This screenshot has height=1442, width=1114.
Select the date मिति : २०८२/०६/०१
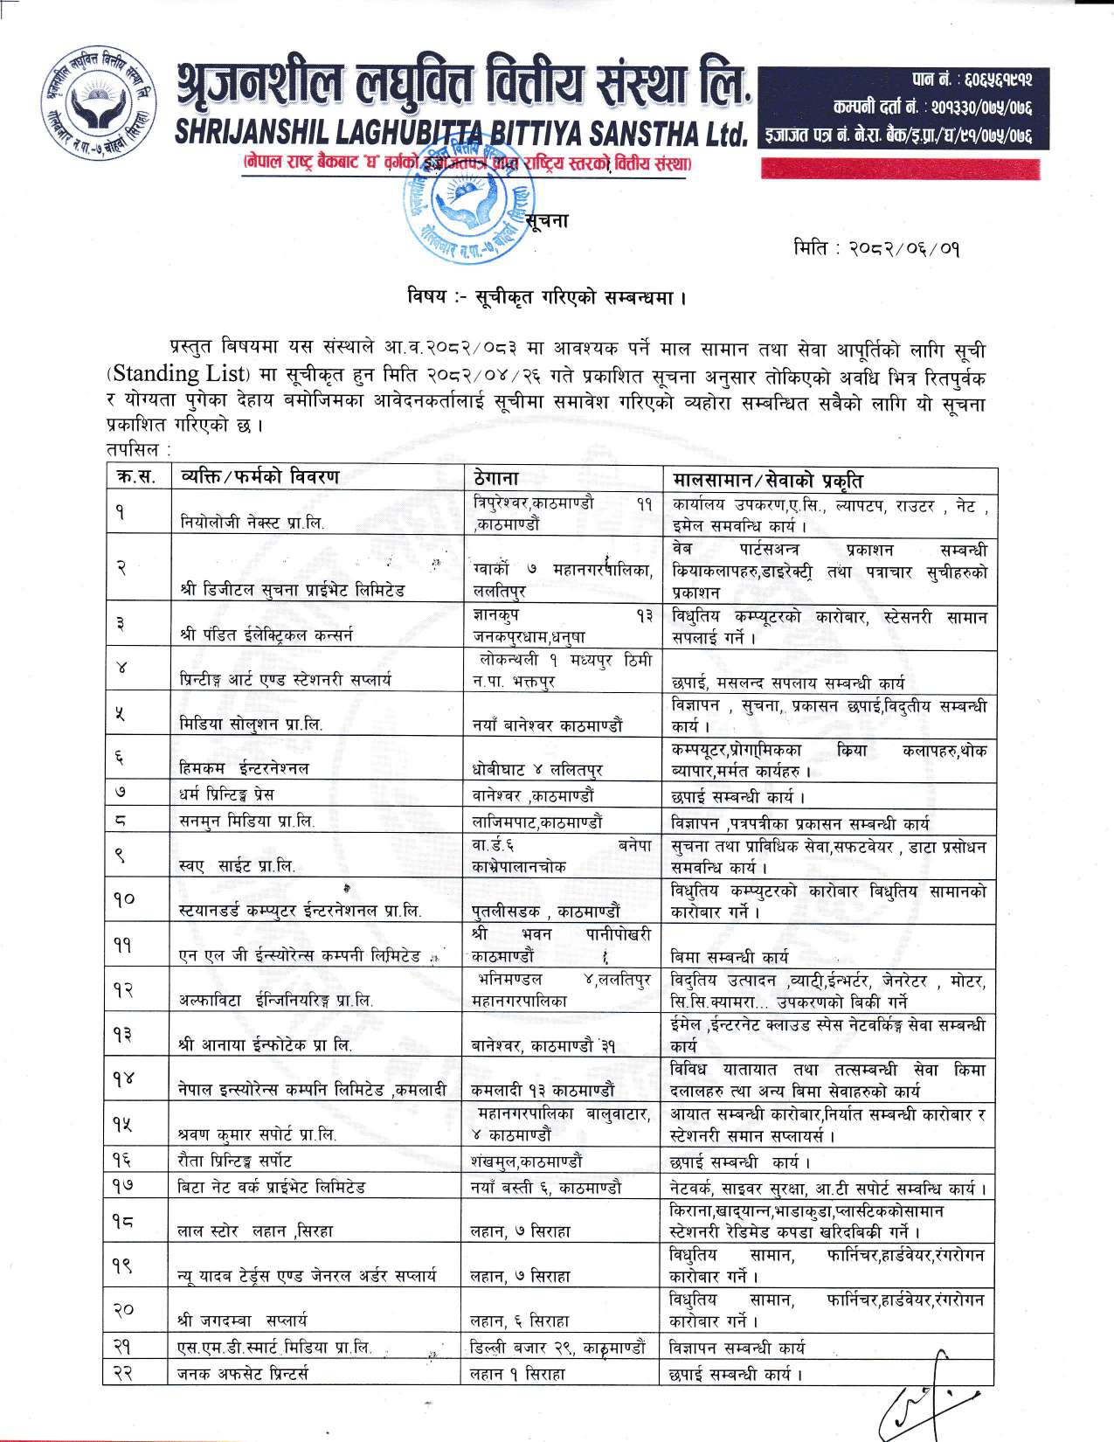[x=877, y=249]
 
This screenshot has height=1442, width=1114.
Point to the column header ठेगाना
[x=495, y=479]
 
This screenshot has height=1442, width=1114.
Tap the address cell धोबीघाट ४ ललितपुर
[x=536, y=770]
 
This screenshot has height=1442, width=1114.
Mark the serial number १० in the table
[x=123, y=898]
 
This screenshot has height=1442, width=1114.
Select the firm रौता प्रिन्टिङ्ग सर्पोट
[x=235, y=1161]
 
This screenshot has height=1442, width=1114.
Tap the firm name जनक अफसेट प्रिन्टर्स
[x=243, y=1375]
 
